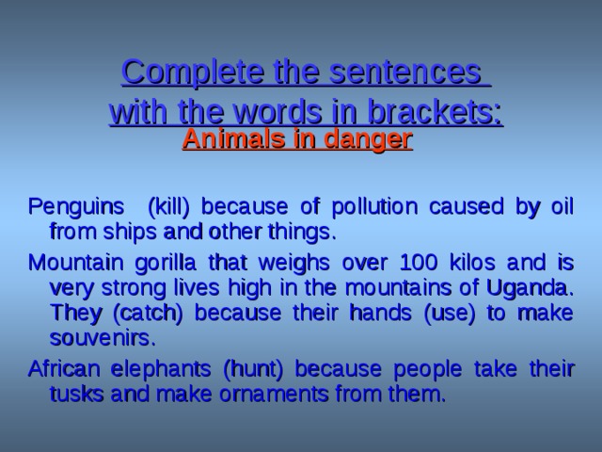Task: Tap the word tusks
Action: [x=76, y=392]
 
